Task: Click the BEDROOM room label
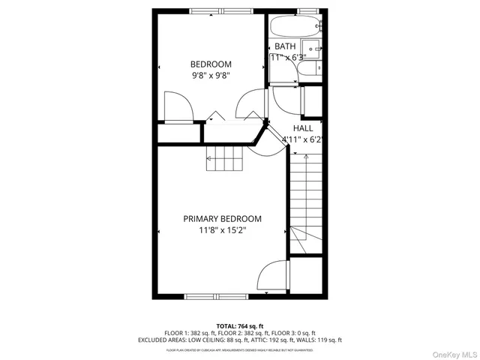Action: (211, 64)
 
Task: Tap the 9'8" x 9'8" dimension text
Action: (211, 75)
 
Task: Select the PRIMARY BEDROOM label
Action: (223, 219)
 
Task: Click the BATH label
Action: (285, 46)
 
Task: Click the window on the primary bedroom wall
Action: (216, 297)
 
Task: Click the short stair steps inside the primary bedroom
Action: (226, 158)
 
